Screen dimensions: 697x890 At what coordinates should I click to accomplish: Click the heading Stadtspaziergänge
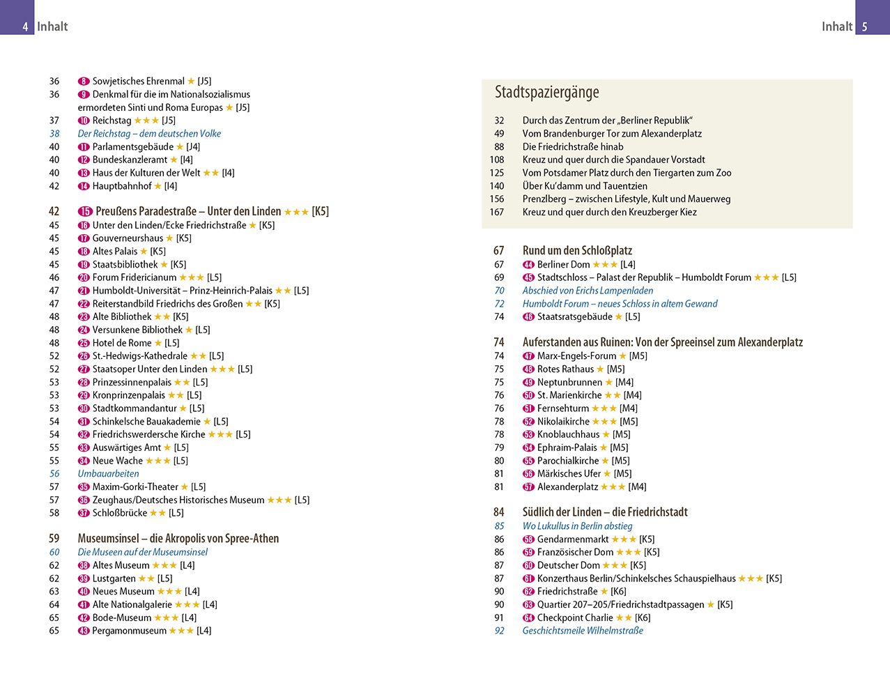(546, 92)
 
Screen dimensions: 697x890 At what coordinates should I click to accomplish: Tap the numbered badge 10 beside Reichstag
(84, 121)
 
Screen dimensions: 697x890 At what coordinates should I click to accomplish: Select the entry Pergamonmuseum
(129, 631)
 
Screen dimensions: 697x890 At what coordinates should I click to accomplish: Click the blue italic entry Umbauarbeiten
(108, 474)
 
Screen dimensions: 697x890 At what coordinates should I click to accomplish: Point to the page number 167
(496, 213)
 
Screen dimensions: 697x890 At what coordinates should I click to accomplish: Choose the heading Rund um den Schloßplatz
(577, 250)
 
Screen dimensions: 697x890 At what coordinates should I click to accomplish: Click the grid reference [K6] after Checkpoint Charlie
(643, 618)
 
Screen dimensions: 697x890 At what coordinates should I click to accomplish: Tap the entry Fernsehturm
(562, 408)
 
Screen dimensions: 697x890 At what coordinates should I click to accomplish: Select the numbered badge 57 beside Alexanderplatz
(528, 487)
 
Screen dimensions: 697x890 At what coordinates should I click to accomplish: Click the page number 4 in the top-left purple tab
(25, 27)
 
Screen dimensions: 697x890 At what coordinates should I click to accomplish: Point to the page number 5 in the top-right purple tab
(865, 27)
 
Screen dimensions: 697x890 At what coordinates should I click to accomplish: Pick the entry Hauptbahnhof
(122, 186)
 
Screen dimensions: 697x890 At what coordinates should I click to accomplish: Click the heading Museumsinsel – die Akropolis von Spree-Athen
(178, 539)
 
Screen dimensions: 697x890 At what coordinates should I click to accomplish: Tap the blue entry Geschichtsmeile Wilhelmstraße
(583, 631)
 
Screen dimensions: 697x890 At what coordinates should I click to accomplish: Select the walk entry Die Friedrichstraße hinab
(573, 147)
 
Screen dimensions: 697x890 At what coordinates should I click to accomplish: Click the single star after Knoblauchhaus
(606, 435)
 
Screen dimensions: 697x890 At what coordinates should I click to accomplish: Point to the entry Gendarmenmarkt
(573, 539)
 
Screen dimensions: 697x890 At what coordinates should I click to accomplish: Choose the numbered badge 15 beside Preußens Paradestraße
(85, 212)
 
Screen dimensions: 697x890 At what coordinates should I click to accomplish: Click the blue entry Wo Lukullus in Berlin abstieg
(577, 526)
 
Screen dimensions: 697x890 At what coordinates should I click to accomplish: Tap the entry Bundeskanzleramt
(130, 160)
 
